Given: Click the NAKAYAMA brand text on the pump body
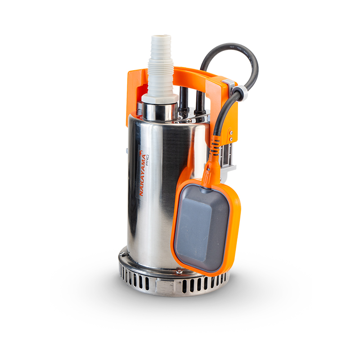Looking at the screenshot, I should coord(140,173).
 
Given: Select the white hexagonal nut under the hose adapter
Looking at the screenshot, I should coord(160,98).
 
